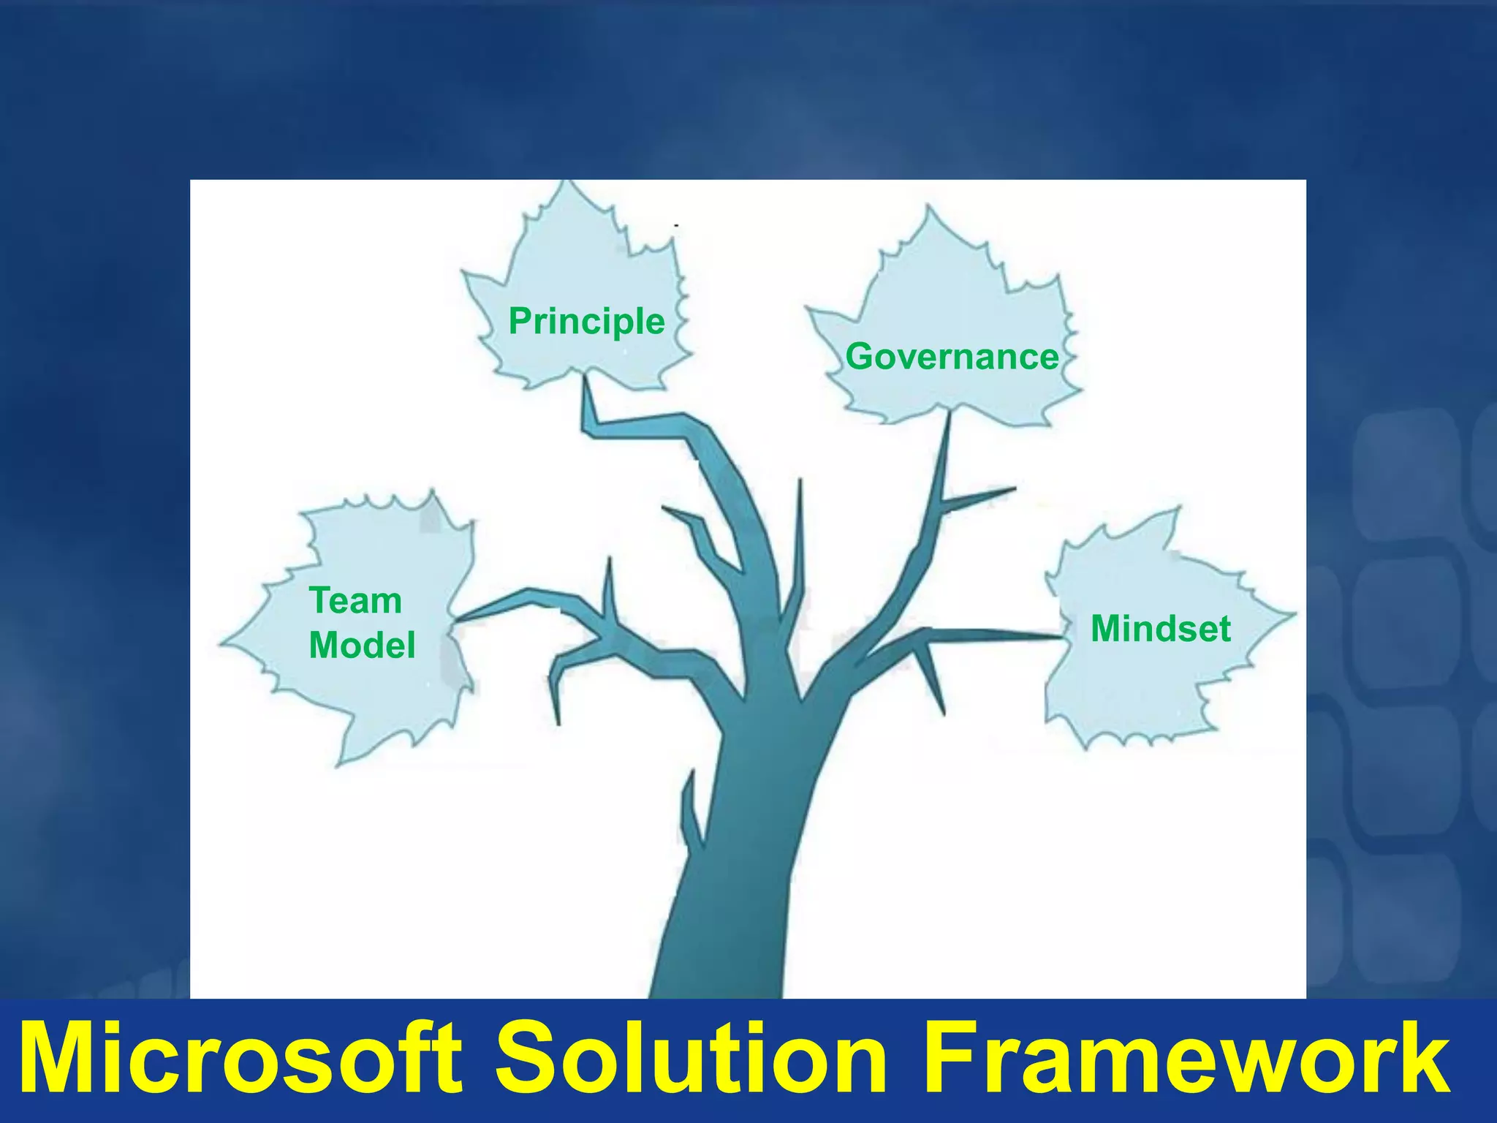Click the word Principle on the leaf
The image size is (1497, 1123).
pos(586,322)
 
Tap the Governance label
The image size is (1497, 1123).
pos(952,357)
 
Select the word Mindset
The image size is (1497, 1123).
pos(1160,629)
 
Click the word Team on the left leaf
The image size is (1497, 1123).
pos(355,601)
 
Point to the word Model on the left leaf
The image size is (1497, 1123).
pos(362,645)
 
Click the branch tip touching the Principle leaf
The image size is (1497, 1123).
pos(585,387)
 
